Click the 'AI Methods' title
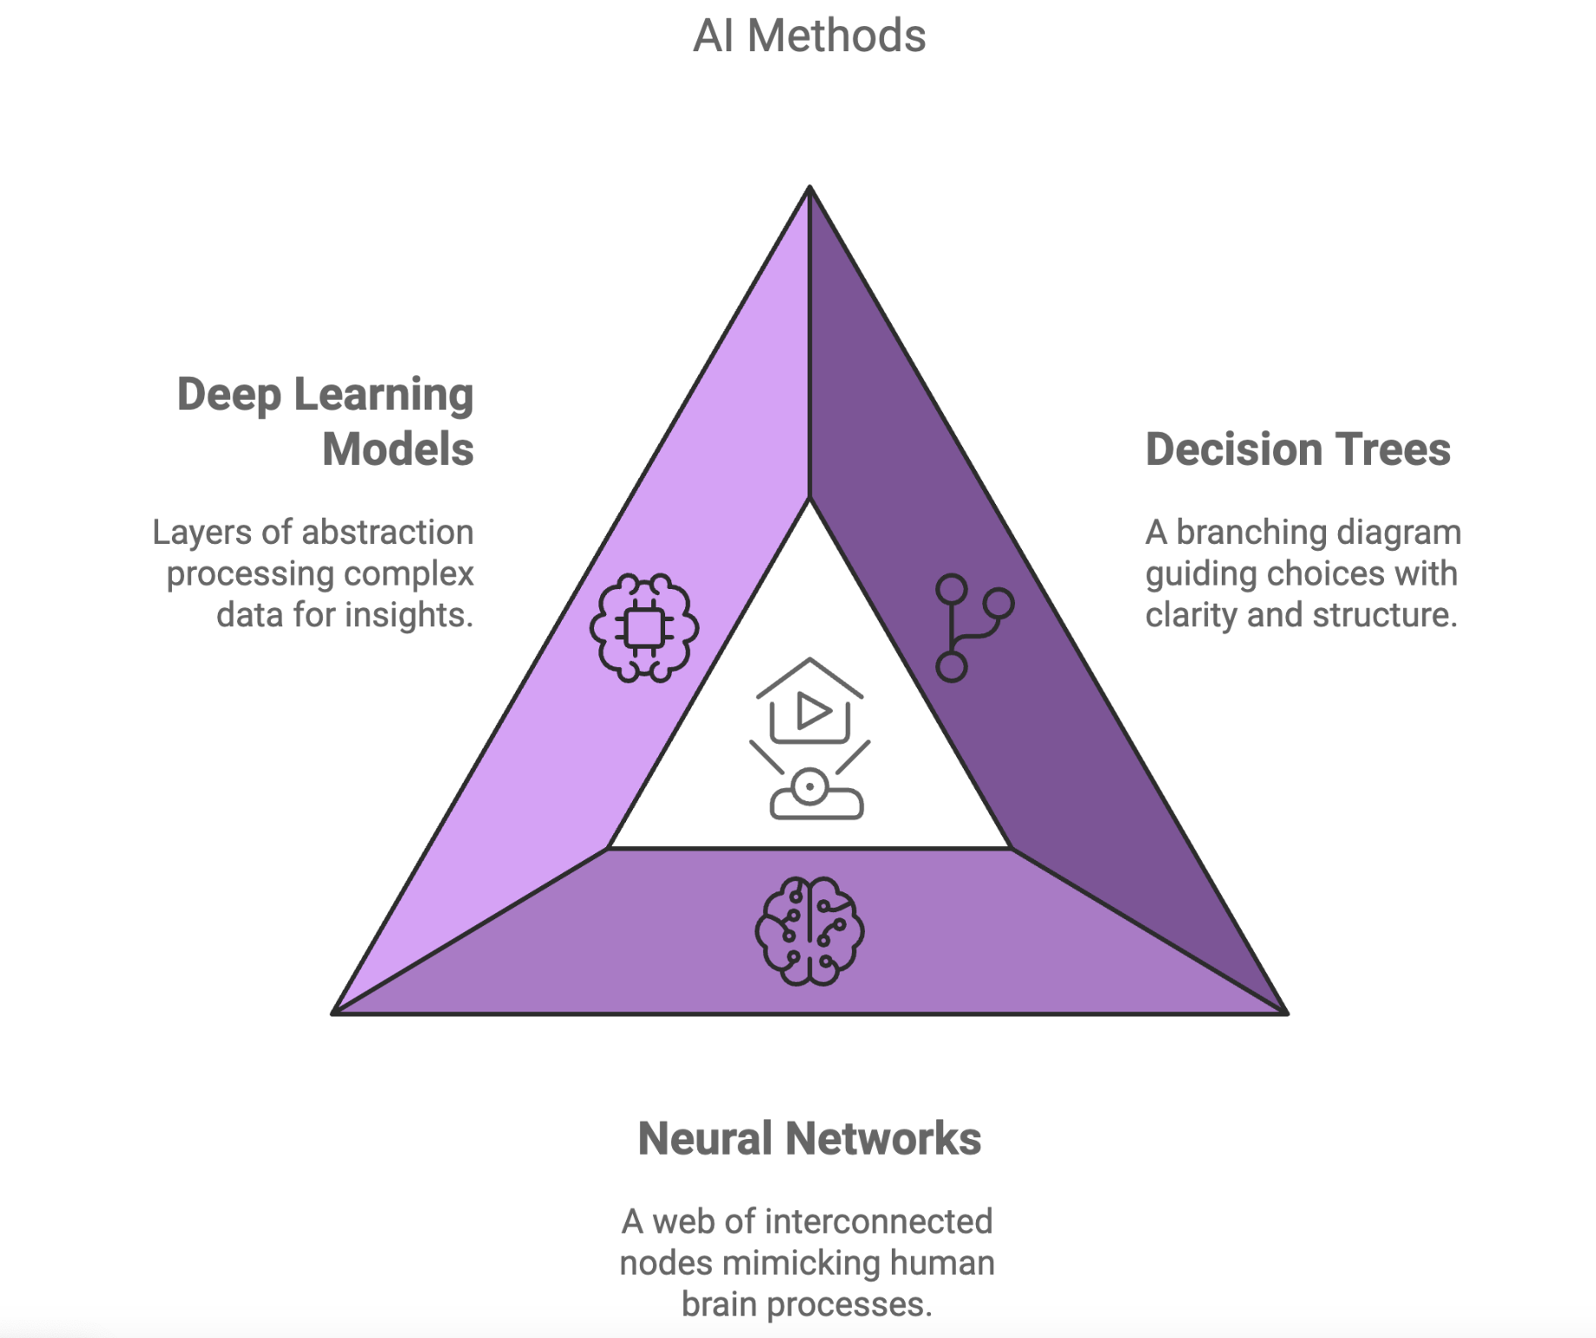809,36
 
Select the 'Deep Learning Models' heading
326,421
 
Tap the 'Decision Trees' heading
1298,449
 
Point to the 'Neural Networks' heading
809,1138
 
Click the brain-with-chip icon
644,627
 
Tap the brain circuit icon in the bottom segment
809,931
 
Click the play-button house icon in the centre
809,701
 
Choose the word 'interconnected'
879,1222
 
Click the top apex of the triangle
809,186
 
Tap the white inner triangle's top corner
809,500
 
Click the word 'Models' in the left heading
399,449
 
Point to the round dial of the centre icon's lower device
810,787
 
